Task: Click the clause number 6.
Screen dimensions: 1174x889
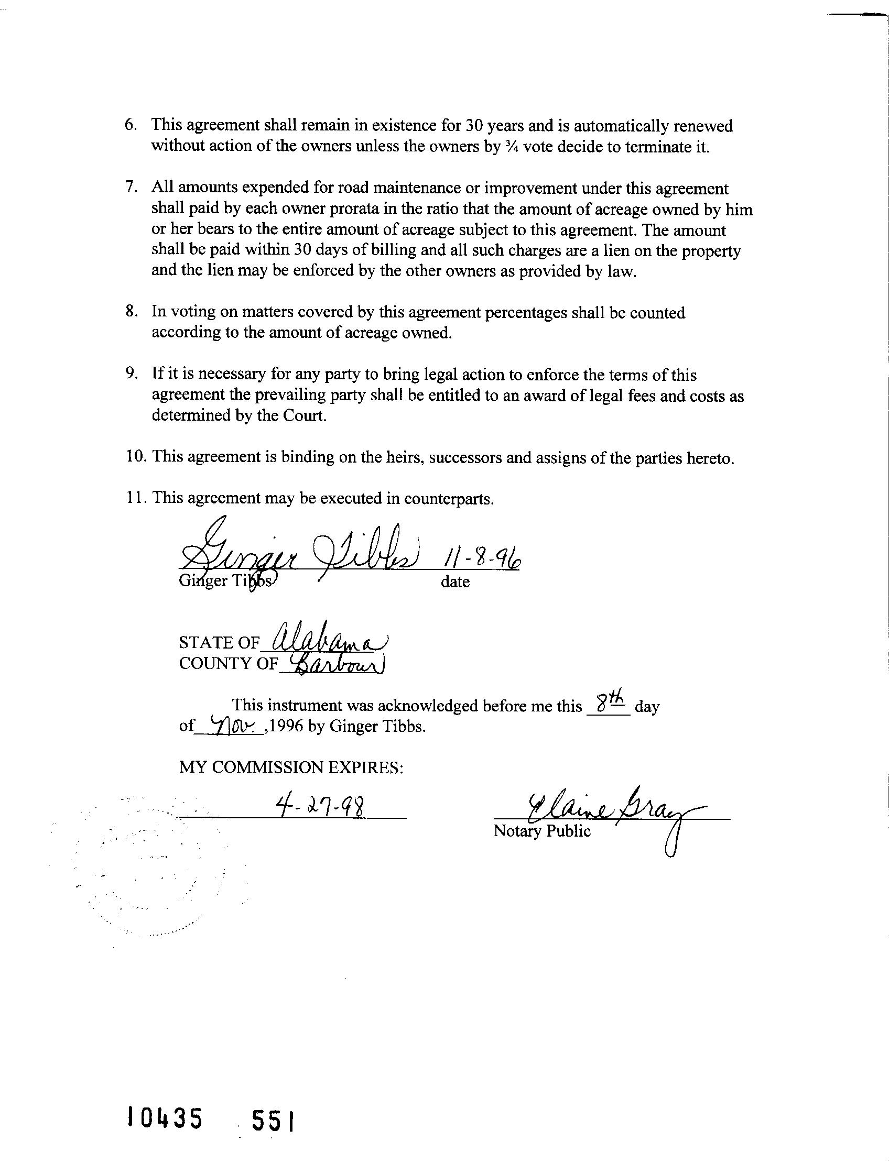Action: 131,125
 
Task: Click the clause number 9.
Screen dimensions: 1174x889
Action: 131,374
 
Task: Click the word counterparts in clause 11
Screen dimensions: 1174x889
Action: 449,499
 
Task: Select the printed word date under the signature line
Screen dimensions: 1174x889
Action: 455,581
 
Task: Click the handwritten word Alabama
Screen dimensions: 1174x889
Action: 329,639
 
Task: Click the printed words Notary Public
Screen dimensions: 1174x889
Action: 541,831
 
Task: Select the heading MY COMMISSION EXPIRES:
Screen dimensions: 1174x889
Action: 291,767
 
